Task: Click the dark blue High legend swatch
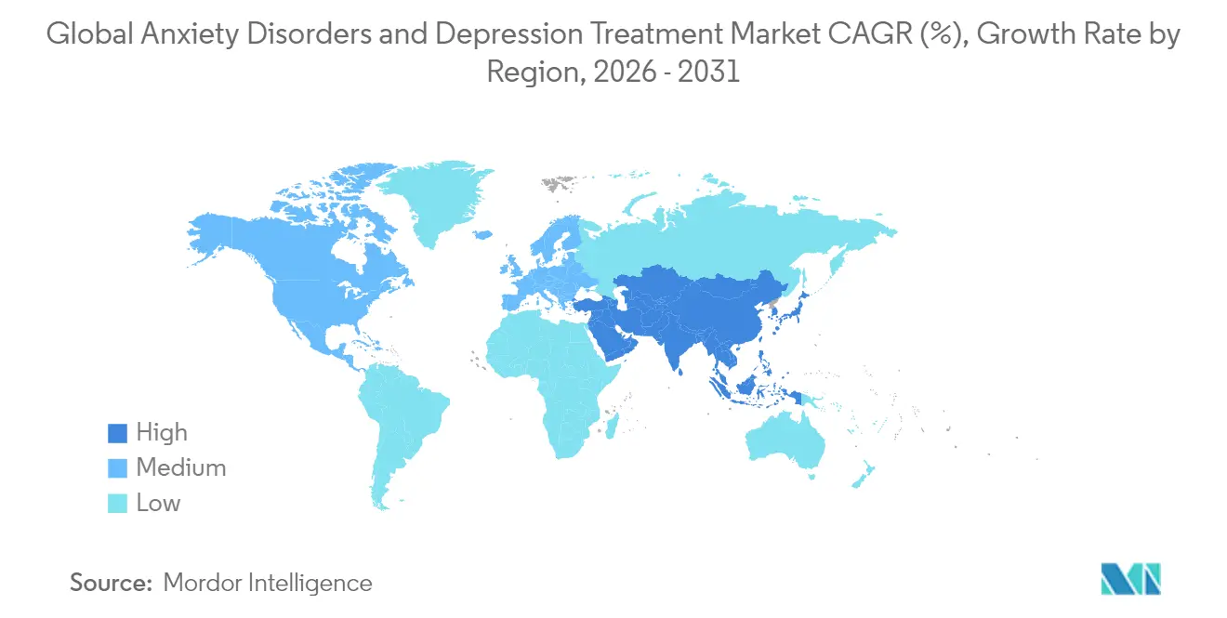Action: coord(117,433)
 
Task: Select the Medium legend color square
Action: coord(117,468)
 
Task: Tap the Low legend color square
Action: coord(117,504)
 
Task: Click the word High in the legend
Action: coord(162,433)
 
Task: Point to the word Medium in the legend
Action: coord(181,468)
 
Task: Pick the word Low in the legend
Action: coord(159,504)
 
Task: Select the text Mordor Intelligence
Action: coord(268,584)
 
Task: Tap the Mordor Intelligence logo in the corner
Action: coord(1129,579)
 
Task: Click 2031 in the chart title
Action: coord(709,72)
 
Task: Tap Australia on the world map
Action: coord(785,438)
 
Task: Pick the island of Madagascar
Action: coord(613,427)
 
